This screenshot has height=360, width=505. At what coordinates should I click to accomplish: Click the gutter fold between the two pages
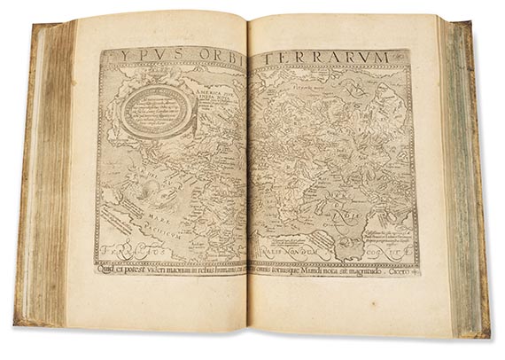248,177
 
